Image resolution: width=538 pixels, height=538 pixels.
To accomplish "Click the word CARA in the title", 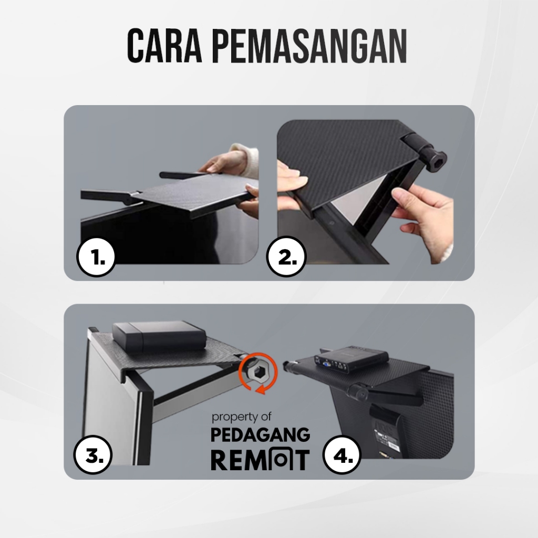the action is click(x=164, y=46).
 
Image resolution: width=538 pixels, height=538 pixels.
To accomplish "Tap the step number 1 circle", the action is click(x=96, y=257).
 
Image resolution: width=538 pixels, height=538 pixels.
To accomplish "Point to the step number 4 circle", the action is click(x=342, y=455).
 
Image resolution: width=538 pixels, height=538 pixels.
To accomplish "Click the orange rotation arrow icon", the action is click(x=258, y=374).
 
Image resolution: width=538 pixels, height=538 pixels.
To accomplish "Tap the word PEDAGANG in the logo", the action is click(x=261, y=434).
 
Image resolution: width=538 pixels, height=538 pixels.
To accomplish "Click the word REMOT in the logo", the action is click(x=261, y=460).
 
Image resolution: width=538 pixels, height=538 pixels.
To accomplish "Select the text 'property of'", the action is click(x=241, y=417).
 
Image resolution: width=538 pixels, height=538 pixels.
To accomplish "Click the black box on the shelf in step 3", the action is click(x=159, y=336).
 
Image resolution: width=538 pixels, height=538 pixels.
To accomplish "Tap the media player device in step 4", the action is click(x=350, y=359).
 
